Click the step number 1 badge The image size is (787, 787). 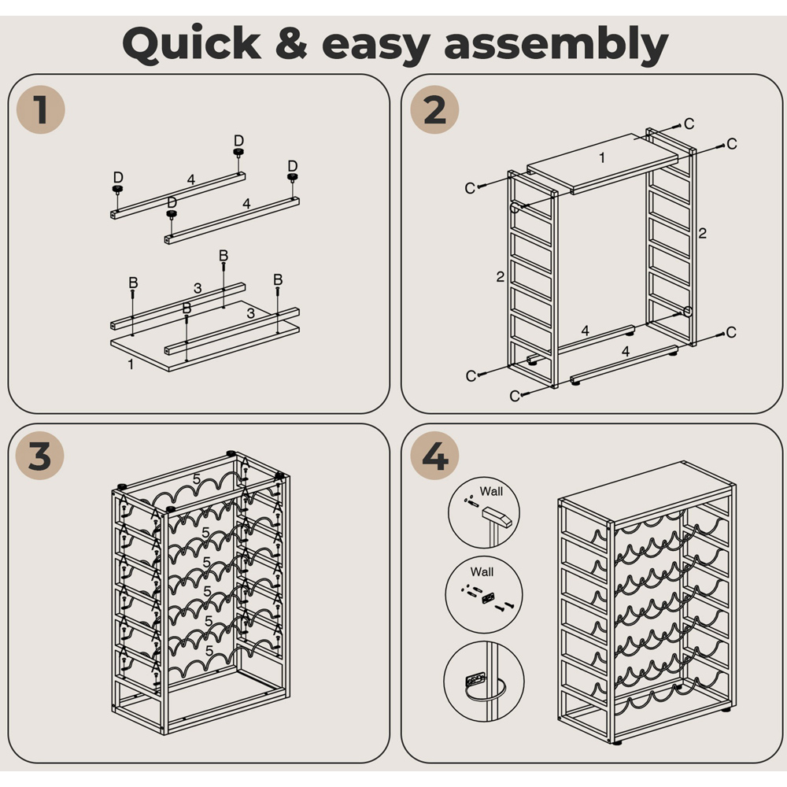41,109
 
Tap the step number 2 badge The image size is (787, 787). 434,109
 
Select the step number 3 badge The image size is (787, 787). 40,456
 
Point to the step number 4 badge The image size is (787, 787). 434,456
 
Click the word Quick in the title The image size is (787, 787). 192,44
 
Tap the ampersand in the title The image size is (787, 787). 291,43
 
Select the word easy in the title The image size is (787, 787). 376,48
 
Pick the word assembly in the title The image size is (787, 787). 556,45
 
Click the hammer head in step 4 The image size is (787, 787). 497,516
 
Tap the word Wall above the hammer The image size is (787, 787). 491,491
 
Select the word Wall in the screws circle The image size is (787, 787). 482,571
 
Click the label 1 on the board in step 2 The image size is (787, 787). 602,158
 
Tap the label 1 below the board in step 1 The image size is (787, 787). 131,364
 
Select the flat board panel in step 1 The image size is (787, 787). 205,336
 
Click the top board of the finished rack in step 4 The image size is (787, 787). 647,492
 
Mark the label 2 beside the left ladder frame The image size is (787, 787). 500,276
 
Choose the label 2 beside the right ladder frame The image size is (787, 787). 702,233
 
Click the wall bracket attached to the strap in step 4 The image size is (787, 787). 475,680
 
